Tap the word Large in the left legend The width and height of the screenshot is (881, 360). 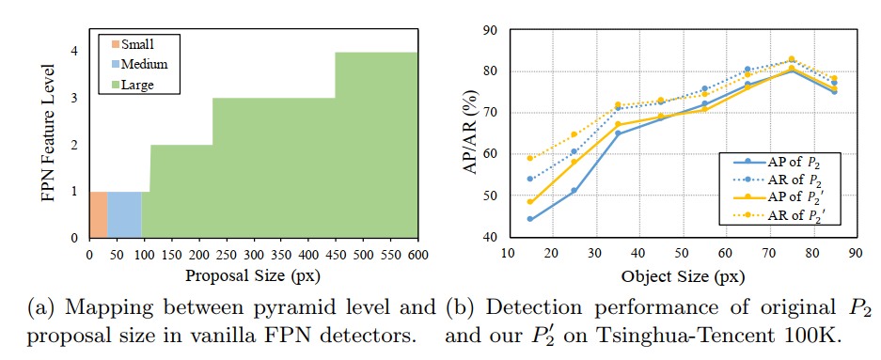(137, 85)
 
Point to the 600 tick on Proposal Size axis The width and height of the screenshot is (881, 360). (417, 255)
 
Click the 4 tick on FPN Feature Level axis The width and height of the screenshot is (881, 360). (74, 52)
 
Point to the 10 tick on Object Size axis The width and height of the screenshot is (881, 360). (506, 254)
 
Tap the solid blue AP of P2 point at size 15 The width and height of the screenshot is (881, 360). (529, 219)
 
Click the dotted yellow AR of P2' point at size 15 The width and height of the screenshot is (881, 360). (529, 158)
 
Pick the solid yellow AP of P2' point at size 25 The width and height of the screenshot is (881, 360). (574, 163)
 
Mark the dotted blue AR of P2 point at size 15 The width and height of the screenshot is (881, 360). (529, 179)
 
